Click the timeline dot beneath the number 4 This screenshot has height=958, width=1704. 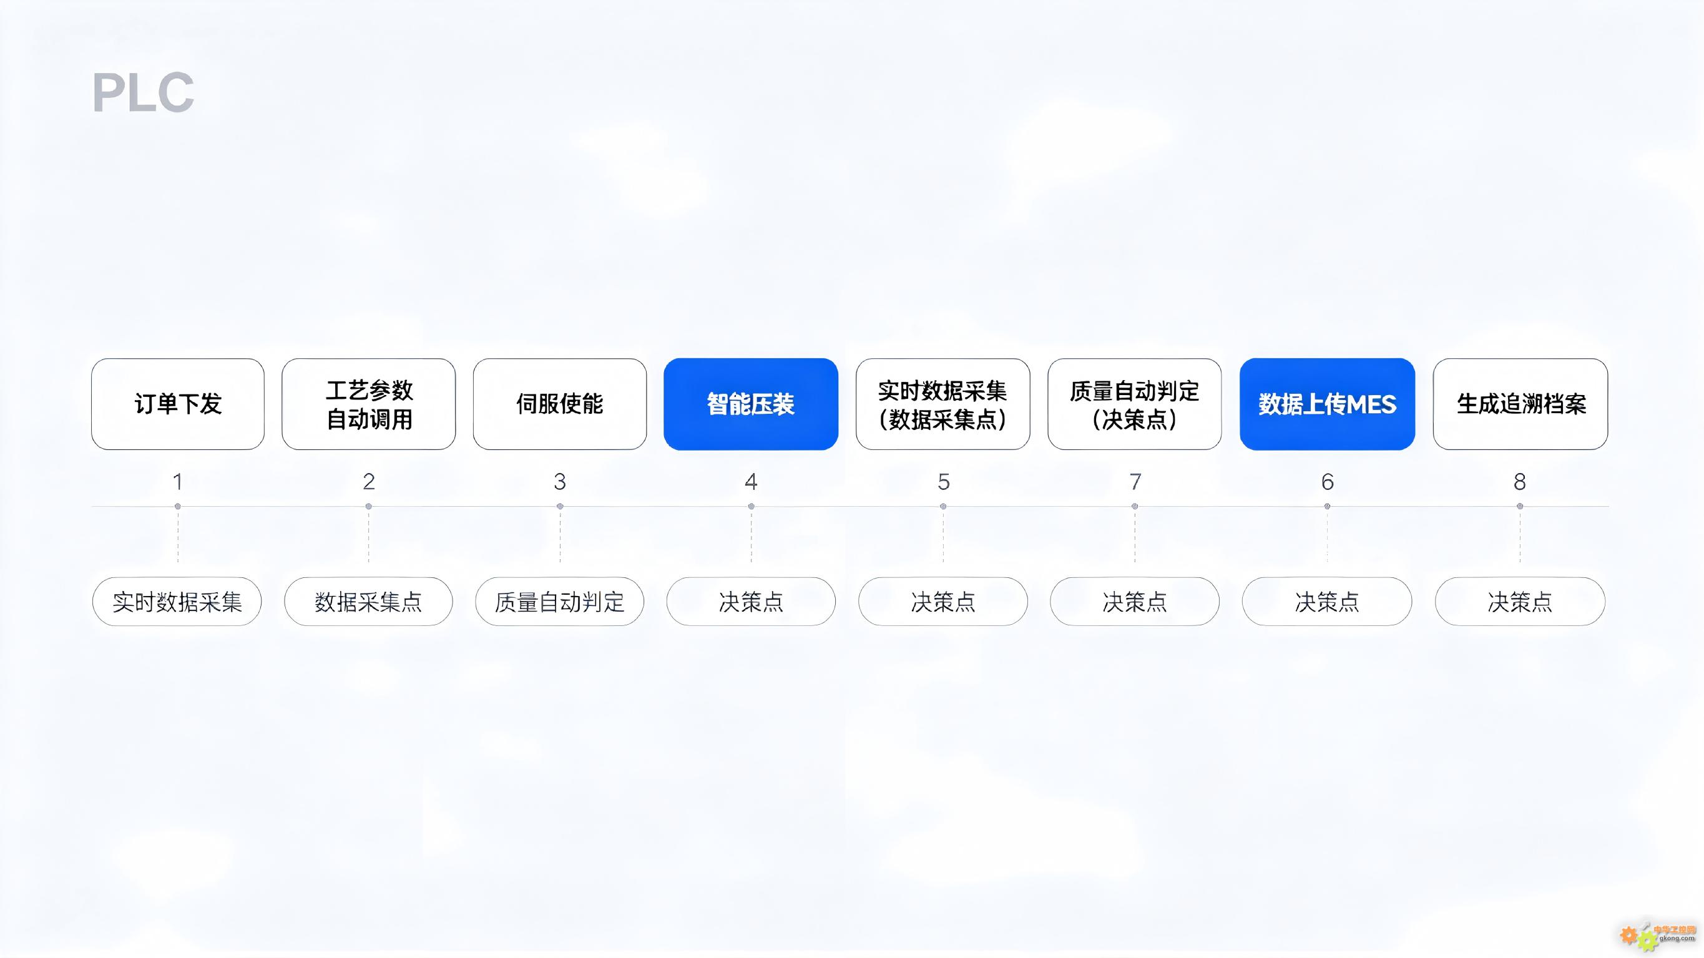(751, 506)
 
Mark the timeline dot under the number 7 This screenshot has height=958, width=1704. (1135, 506)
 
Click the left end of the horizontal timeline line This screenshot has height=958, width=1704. (92, 506)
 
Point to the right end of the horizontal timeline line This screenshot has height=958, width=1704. (1609, 506)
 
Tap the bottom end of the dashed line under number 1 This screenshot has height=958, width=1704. (177, 563)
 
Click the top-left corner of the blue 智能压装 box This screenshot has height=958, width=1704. (664, 359)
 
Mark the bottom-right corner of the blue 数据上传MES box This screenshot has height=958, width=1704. (1415, 450)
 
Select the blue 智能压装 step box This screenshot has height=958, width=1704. (751, 404)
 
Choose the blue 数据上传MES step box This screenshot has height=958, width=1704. (1328, 404)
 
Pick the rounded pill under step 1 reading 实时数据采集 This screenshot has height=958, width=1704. (177, 602)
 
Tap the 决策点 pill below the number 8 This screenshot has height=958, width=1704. (1520, 602)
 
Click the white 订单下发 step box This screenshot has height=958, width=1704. (178, 404)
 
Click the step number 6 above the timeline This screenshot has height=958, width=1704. (1328, 482)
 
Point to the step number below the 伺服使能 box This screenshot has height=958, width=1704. (560, 482)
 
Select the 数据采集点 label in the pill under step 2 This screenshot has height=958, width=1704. (368, 602)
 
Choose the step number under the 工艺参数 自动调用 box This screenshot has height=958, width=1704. (369, 482)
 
